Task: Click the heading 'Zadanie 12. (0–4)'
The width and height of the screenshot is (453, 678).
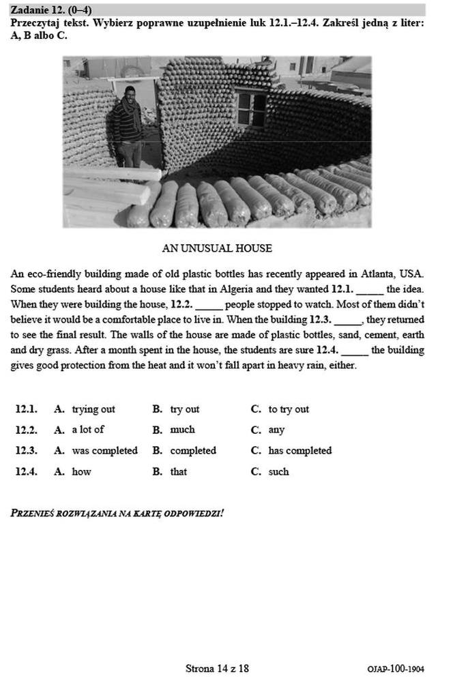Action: click(51, 10)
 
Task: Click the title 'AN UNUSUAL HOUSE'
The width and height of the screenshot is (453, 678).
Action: click(217, 248)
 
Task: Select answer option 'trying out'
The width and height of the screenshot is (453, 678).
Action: click(93, 409)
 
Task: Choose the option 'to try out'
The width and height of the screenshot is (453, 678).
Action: click(288, 409)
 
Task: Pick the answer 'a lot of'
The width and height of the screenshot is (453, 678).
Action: click(88, 430)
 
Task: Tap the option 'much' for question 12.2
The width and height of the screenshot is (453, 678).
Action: click(182, 430)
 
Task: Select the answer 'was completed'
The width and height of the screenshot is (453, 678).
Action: click(104, 451)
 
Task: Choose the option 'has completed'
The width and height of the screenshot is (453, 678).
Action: click(299, 451)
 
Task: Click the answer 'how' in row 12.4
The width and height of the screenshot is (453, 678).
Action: click(81, 471)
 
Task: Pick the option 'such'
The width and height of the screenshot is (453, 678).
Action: click(278, 471)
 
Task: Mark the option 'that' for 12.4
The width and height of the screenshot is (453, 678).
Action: click(178, 471)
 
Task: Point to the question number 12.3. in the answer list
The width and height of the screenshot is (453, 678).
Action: click(26, 451)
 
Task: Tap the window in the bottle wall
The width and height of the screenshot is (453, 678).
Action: click(251, 108)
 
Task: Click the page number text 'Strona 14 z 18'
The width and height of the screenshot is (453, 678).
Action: click(217, 668)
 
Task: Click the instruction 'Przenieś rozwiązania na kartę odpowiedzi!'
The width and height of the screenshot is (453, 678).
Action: click(117, 512)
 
